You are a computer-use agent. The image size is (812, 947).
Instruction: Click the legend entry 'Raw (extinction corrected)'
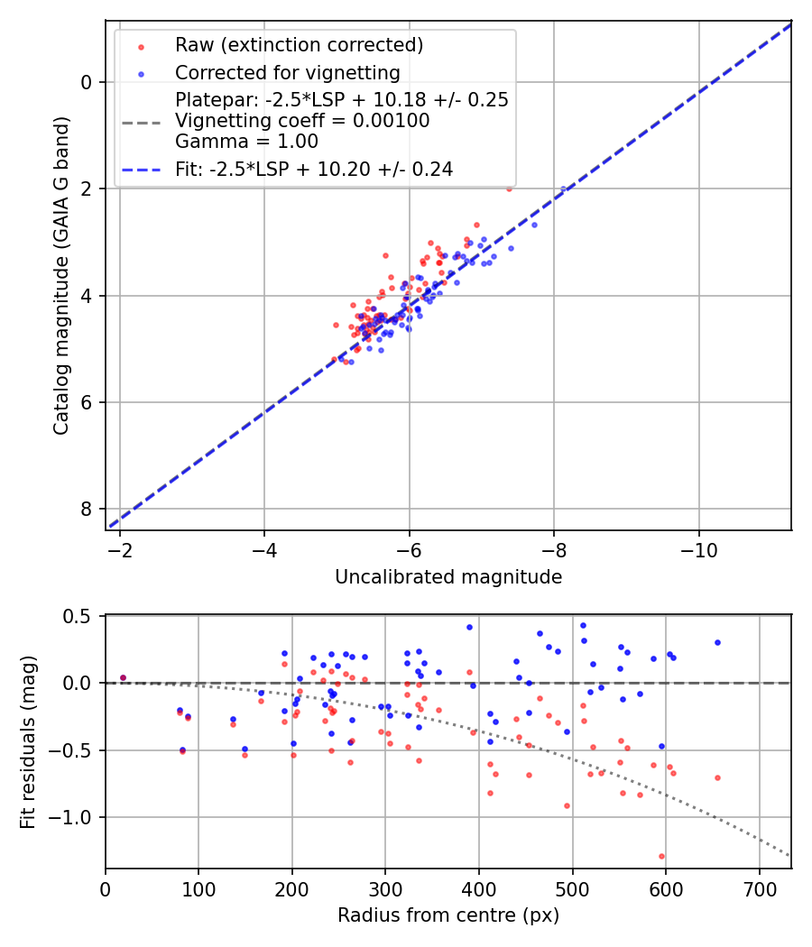[299, 45]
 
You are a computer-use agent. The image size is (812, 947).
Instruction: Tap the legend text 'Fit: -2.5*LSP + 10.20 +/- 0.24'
[314, 169]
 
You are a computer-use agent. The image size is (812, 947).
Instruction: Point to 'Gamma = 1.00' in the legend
[246, 141]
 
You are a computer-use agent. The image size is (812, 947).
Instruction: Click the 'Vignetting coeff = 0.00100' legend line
[302, 121]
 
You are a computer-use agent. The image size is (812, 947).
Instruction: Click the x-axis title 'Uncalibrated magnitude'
[448, 577]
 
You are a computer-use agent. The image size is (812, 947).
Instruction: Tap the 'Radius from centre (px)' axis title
[448, 915]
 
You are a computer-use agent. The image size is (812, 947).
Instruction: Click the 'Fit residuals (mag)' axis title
[29, 741]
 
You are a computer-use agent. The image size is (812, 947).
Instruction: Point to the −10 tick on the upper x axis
[698, 551]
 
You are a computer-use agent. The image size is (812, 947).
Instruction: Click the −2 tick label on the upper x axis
[120, 551]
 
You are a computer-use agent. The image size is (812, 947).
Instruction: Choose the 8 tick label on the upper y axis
[86, 510]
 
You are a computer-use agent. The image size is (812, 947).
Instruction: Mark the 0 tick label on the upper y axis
[86, 82]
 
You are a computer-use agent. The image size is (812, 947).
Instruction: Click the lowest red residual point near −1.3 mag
[661, 856]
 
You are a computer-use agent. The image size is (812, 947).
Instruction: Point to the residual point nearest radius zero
[123, 677]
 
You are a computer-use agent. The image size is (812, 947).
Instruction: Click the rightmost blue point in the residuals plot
[717, 642]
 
